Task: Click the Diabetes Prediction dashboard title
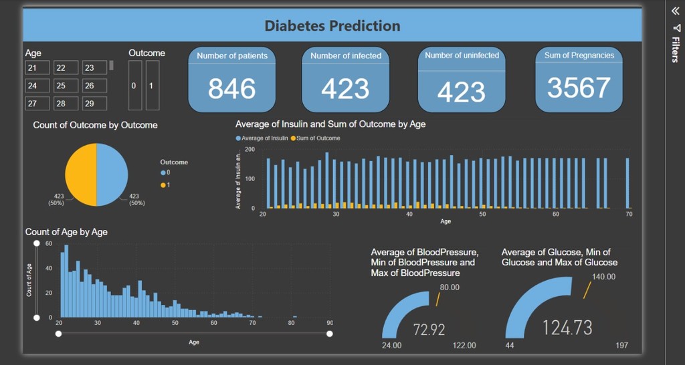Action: coord(332,26)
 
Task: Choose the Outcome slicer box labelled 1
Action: coord(152,86)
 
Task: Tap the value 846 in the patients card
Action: coord(231,88)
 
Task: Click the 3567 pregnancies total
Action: coord(579,88)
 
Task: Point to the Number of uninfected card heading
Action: coord(462,55)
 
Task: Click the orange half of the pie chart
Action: coord(80,174)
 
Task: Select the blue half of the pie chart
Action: coord(112,174)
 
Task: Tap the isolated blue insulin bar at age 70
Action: coord(627,183)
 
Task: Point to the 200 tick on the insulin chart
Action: coord(250,149)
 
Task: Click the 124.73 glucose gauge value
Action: coord(567,328)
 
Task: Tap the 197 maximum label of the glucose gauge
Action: coord(621,345)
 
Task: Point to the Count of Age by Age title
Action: coord(66,232)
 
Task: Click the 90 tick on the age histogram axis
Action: coord(329,323)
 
